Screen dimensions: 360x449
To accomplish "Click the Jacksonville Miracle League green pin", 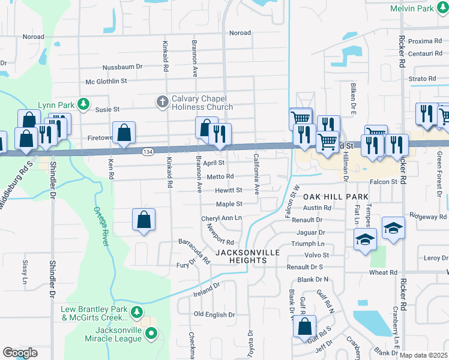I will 151,332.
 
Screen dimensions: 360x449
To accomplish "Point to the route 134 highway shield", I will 146,153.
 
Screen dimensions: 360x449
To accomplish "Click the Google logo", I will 20,353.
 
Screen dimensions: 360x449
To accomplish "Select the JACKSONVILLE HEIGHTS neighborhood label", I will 249,256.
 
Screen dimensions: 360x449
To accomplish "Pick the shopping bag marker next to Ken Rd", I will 123,133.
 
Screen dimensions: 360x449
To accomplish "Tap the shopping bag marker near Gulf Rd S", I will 305,327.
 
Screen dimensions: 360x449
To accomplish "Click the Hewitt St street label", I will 229,190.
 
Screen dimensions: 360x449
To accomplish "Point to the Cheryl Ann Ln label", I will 221,218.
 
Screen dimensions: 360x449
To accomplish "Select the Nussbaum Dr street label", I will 122,67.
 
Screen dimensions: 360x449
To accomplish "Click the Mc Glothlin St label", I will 107,80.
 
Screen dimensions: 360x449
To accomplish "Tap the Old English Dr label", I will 214,314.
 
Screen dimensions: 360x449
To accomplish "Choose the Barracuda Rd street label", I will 193,251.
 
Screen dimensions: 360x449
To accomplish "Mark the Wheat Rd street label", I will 383,272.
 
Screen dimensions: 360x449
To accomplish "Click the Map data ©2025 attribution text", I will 423,355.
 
